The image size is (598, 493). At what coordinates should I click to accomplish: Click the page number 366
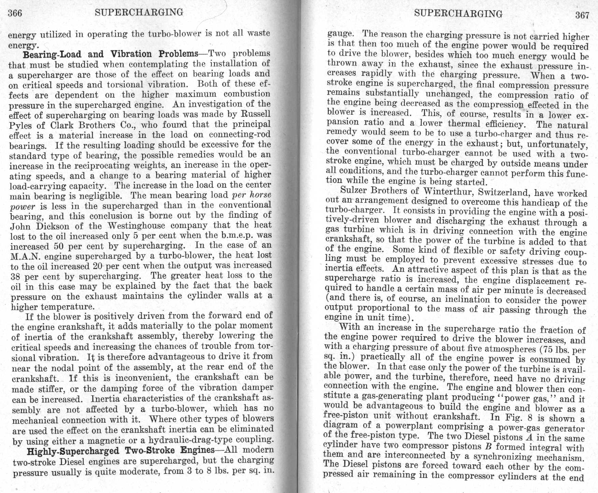15,13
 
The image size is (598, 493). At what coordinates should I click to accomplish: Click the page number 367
582,15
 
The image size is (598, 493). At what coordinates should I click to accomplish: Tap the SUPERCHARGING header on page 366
139,12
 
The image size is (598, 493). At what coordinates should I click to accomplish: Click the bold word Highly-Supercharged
73,451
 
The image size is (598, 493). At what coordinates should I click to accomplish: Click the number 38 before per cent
15,277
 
